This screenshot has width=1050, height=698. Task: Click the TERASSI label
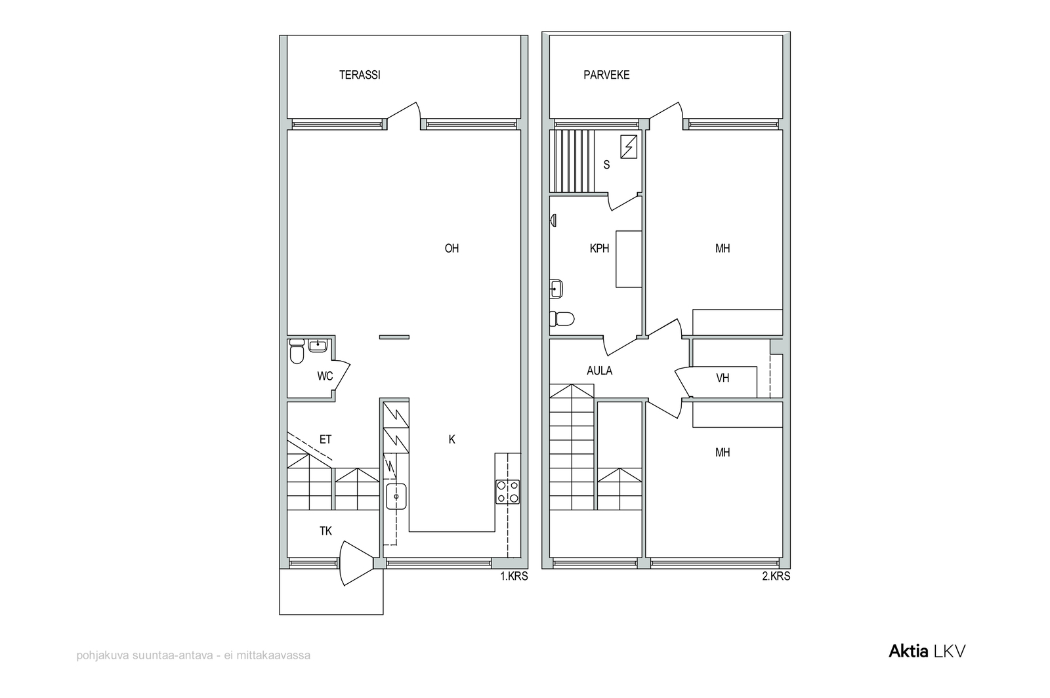pos(360,75)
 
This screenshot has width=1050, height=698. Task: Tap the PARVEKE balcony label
pos(606,75)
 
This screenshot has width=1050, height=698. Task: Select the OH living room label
pos(451,248)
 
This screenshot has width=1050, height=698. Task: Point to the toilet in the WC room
pos(297,351)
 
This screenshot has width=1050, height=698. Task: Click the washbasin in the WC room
pos(318,345)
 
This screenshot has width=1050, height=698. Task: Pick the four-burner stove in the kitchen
pos(508,492)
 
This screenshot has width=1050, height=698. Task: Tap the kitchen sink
pos(396,497)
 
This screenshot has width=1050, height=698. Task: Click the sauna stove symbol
pos(629,147)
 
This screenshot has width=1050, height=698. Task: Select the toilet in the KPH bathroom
pos(562,319)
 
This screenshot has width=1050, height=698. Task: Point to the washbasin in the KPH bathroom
pos(556,289)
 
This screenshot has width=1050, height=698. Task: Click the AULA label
pos(600,371)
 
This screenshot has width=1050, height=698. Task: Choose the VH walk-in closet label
pos(723,378)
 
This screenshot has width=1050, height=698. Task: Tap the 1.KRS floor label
pos(514,576)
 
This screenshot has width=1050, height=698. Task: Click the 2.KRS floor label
pos(776,576)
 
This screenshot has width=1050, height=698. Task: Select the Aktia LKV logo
pos(927,651)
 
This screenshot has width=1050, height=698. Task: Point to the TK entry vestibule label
pos(325,531)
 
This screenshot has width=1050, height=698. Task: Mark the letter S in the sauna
pos(606,165)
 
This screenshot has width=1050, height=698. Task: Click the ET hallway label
pos(325,440)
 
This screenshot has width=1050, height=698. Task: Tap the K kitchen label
pos(451,440)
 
